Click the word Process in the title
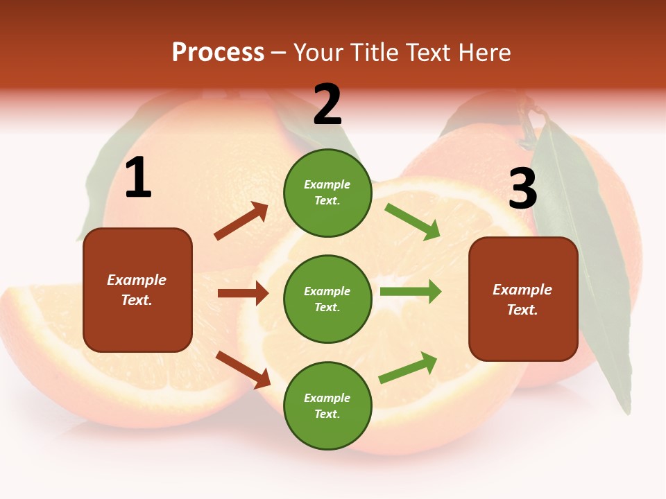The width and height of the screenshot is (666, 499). pyautogui.click(x=218, y=53)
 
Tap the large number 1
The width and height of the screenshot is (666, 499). pyautogui.click(x=138, y=178)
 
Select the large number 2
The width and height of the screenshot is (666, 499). pyautogui.click(x=327, y=105)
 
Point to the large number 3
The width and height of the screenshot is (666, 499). pyautogui.click(x=522, y=189)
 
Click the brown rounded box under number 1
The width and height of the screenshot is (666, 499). pyautogui.click(x=137, y=290)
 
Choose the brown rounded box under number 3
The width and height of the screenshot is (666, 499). pyautogui.click(x=523, y=299)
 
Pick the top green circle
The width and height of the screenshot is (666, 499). pyautogui.click(x=327, y=193)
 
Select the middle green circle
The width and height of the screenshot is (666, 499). pyautogui.click(x=327, y=299)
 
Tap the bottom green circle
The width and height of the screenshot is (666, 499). pyautogui.click(x=327, y=405)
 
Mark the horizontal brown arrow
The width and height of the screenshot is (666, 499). pyautogui.click(x=243, y=293)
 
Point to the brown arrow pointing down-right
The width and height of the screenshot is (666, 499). pyautogui.click(x=244, y=369)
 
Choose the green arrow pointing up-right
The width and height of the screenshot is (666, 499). pyautogui.click(x=408, y=368)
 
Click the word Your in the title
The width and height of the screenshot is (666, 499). pyautogui.click(x=318, y=53)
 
